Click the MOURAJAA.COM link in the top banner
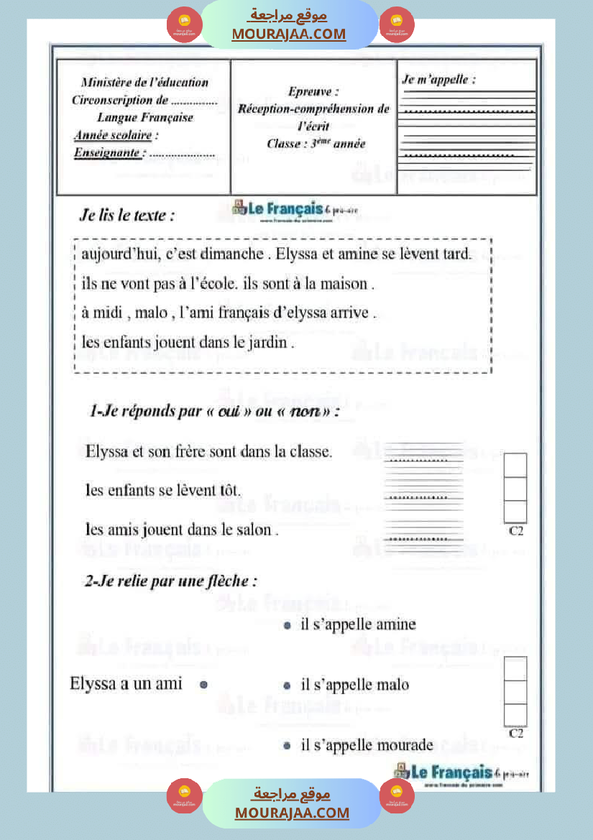[x=288, y=34]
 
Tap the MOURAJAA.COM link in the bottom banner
[x=292, y=813]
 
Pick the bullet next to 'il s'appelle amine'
[x=287, y=625]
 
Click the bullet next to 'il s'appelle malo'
[x=287, y=686]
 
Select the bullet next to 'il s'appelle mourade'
[x=287, y=746]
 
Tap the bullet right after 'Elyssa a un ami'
[x=203, y=685]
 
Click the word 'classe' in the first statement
[x=310, y=452]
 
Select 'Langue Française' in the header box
[x=145, y=117]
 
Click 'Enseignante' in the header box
[x=107, y=152]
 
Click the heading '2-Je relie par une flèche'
[x=170, y=581]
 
